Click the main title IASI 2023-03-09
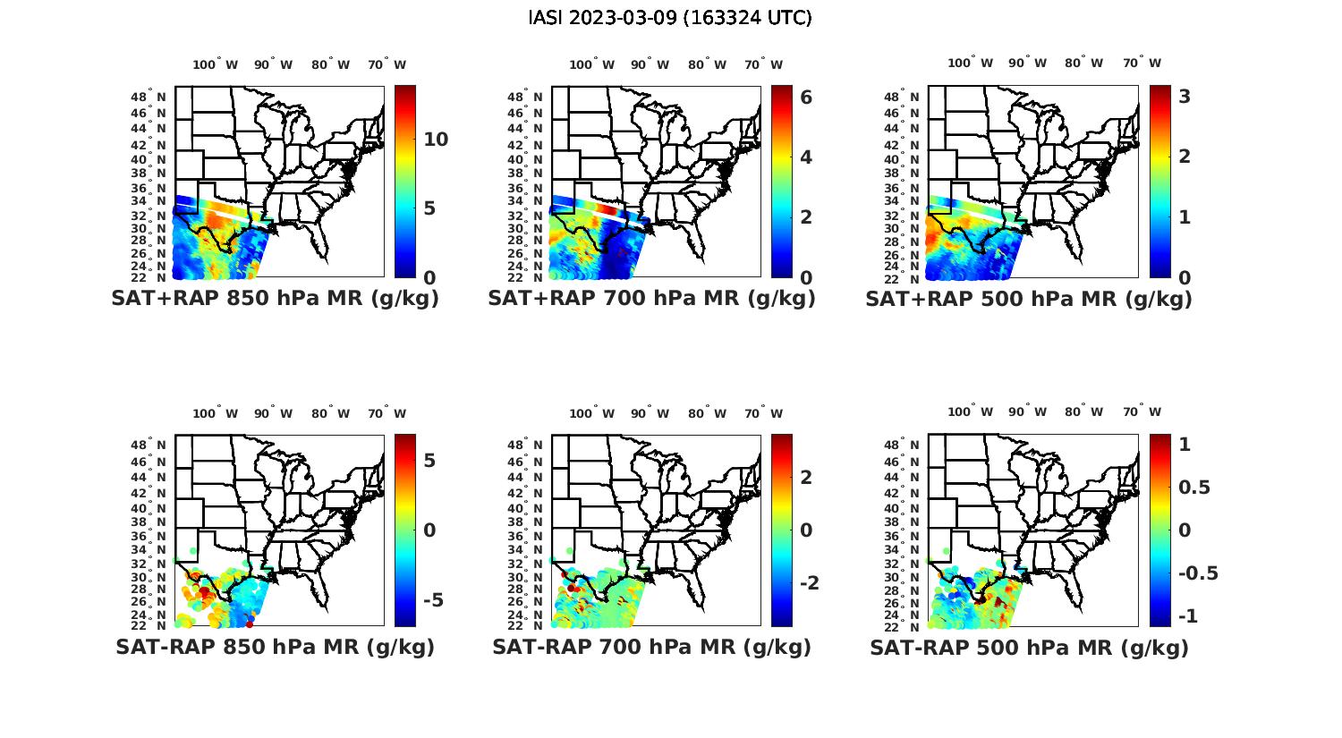tap(670, 18)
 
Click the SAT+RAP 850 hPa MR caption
tap(275, 299)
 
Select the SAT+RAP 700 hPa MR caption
tap(651, 299)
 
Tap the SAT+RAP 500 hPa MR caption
tap(1029, 299)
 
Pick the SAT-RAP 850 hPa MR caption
tap(275, 647)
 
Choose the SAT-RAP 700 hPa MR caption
tap(651, 647)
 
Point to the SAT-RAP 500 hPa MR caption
tap(1029, 647)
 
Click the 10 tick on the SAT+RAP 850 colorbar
tap(436, 140)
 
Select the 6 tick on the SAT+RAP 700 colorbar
tap(806, 97)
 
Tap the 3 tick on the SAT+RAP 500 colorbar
tap(1185, 96)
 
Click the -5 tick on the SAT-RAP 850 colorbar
tap(432, 599)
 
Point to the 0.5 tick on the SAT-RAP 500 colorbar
tap(1194, 487)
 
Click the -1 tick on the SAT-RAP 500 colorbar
tap(1188, 616)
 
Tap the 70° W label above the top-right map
tap(1142, 64)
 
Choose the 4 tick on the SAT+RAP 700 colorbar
tap(806, 157)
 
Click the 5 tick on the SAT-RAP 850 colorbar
tap(429, 460)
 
